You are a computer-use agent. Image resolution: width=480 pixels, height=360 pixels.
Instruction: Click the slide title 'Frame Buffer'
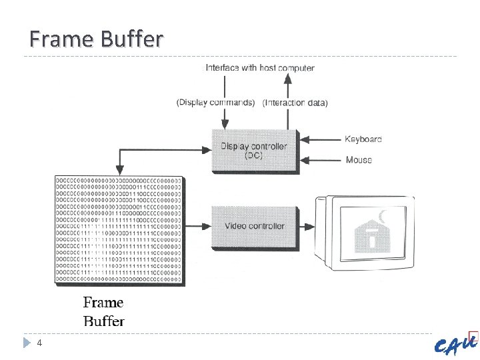[x=96, y=40]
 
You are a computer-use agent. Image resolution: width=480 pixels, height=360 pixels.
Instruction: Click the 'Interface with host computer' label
[x=259, y=67]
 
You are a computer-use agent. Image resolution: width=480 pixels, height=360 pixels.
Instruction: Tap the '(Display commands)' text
[x=215, y=103]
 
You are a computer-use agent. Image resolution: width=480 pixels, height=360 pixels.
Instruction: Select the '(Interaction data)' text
[x=295, y=103]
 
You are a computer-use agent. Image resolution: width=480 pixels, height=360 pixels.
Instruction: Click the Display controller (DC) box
[x=254, y=151]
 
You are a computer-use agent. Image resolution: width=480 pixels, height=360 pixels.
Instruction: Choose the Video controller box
[x=254, y=227]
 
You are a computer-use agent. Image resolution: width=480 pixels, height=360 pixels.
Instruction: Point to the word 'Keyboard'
[x=363, y=139]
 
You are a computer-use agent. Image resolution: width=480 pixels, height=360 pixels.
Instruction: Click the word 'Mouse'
[x=359, y=160]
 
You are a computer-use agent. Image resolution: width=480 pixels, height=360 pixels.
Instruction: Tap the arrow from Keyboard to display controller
[x=320, y=139]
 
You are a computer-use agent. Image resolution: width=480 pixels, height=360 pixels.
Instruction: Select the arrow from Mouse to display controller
[x=320, y=160]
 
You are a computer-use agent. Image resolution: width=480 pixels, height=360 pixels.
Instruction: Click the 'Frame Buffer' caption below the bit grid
[x=103, y=311]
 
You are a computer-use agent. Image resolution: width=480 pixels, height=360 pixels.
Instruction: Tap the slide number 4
[x=40, y=343]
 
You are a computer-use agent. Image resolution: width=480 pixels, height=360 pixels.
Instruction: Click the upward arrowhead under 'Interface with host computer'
[x=288, y=78]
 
